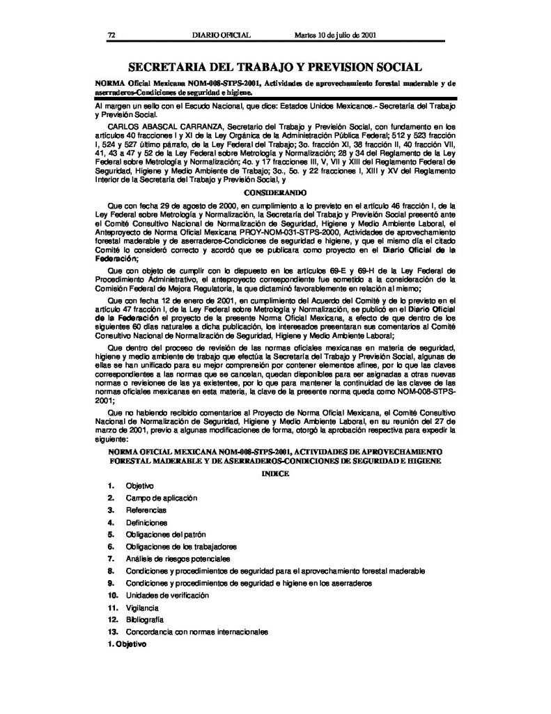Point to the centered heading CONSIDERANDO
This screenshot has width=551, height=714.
click(274, 190)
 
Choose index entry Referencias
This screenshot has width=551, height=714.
click(146, 510)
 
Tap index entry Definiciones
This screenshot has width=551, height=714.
click(146, 522)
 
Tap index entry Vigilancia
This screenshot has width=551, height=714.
click(142, 607)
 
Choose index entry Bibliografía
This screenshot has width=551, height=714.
click(145, 619)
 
